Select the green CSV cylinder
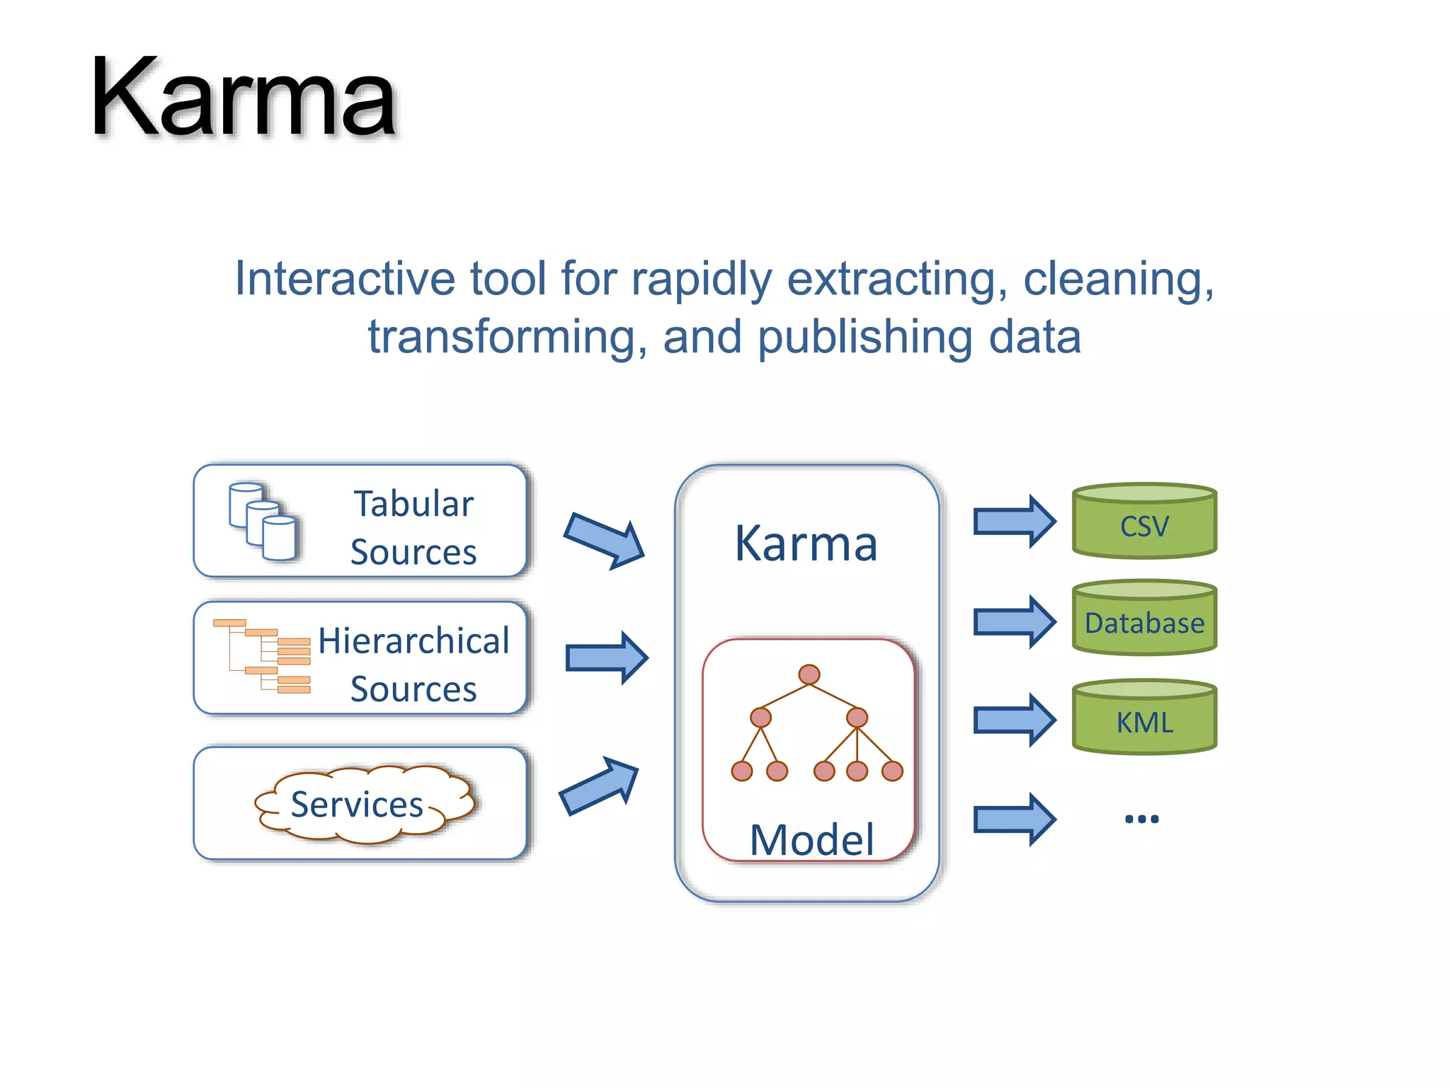pyautogui.click(x=1144, y=522)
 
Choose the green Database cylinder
pyautogui.click(x=1144, y=619)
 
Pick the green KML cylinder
pyautogui.click(x=1144, y=718)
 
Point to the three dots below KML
pyautogui.click(x=1141, y=819)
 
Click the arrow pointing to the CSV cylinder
pyautogui.click(x=1015, y=522)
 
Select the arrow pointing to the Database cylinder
pyautogui.click(x=1015, y=622)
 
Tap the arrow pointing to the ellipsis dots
pyautogui.click(x=1015, y=819)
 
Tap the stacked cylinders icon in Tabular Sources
pyautogui.click(x=263, y=522)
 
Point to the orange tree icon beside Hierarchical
pyautogui.click(x=263, y=656)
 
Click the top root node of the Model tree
pyautogui.click(x=809, y=674)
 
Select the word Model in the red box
pyautogui.click(x=811, y=840)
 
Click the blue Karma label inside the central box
pyautogui.click(x=806, y=543)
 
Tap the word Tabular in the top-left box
pyautogui.click(x=413, y=505)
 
